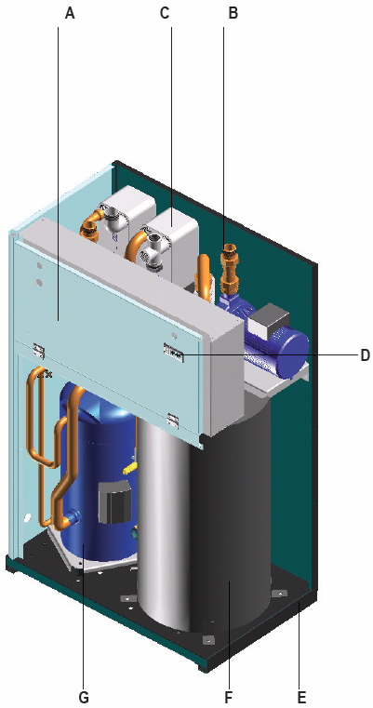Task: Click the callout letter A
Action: pos(70,13)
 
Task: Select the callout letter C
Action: pos(165,13)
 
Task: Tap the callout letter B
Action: pos(233,13)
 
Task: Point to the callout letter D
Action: pos(365,355)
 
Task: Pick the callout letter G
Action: pos(84,697)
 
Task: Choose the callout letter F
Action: pos(229,697)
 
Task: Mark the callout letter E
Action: pos(302,697)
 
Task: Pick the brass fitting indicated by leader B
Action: pos(229,267)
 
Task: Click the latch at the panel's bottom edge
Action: pos(173,420)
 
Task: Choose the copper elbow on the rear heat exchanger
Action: pos(89,222)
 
